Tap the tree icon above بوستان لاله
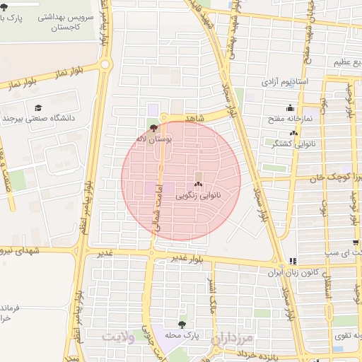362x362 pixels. (154, 128)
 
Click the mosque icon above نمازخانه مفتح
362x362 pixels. (290, 108)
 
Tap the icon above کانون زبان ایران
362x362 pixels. (293, 261)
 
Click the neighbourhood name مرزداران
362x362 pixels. (231, 339)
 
